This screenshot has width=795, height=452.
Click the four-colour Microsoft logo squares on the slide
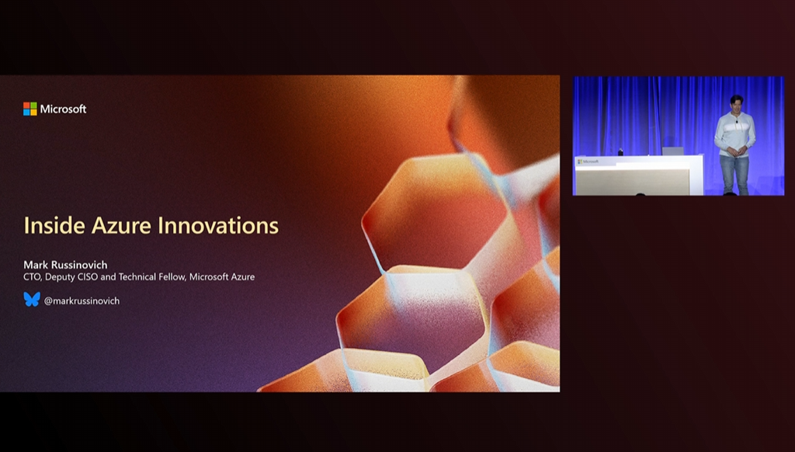pos(30,109)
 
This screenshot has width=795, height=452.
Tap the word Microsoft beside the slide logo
pos(64,109)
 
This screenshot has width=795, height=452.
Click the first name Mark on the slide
pos(36,265)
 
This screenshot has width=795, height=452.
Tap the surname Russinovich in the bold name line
pos(80,265)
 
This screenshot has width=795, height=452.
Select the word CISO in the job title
pos(88,277)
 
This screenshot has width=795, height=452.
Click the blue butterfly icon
pos(31,299)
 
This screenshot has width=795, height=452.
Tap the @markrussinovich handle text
pos(82,301)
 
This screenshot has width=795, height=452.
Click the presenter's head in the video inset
pos(736,103)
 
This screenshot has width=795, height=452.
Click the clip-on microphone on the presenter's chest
pos(736,121)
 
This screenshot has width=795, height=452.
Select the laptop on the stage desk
pos(673,151)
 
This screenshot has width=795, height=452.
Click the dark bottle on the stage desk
pos(620,151)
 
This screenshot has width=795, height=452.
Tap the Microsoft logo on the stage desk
pos(588,162)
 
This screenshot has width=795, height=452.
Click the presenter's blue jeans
pos(734,174)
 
